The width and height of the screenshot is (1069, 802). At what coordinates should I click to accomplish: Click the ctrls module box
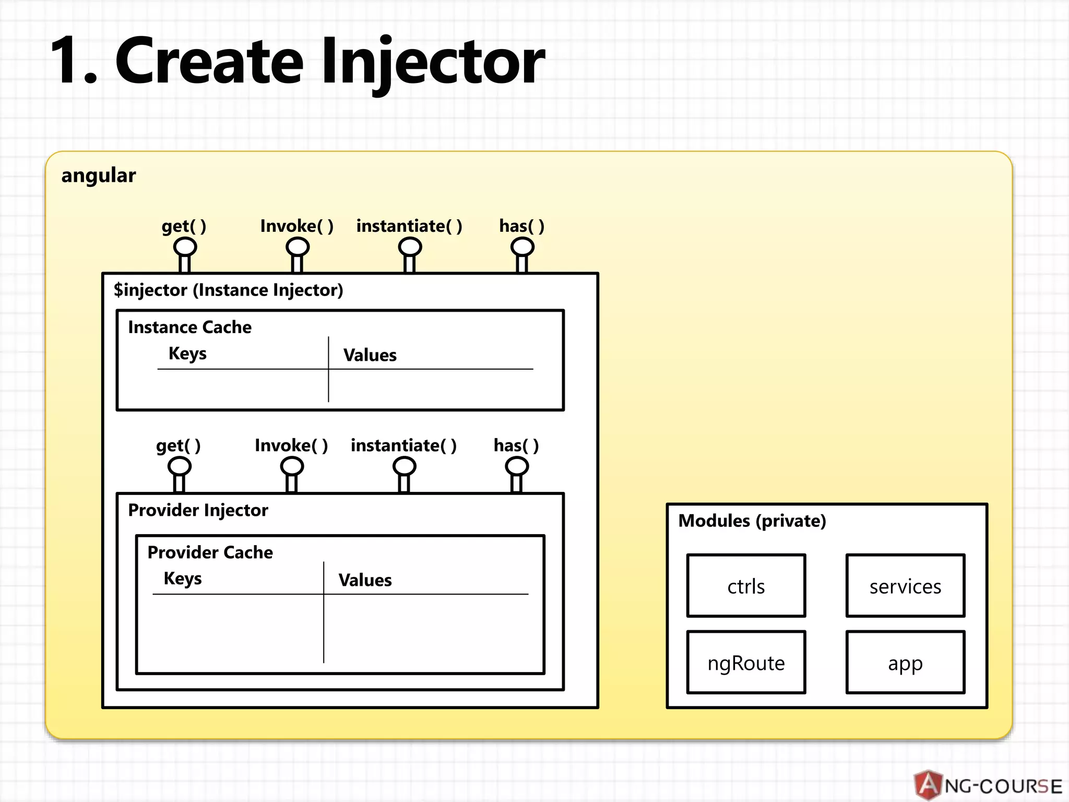tap(746, 586)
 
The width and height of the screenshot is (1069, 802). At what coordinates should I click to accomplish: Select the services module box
tap(905, 586)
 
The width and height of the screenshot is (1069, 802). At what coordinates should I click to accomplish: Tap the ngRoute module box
tap(746, 663)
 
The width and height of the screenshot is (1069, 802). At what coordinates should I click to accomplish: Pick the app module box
tap(905, 663)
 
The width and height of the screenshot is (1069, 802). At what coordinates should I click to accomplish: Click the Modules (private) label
tap(752, 521)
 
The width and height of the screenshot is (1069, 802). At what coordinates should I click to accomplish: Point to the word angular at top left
tap(98, 175)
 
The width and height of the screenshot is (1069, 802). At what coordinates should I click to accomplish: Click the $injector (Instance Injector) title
tap(228, 290)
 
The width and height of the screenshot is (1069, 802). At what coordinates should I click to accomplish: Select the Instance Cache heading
tap(189, 327)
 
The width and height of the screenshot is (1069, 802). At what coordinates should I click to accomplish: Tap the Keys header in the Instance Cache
tap(187, 353)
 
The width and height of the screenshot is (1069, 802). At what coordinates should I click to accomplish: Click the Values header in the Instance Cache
tap(370, 355)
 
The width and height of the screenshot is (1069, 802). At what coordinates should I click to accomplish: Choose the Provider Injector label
tap(198, 510)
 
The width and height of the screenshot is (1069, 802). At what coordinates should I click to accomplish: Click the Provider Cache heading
tap(210, 552)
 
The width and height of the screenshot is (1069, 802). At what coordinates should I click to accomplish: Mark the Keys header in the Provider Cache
tap(182, 579)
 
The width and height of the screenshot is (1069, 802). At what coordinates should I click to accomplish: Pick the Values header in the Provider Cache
tap(365, 580)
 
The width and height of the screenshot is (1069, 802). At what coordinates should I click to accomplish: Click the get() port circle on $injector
tap(185, 246)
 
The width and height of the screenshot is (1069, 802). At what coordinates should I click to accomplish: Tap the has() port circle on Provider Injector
tap(517, 466)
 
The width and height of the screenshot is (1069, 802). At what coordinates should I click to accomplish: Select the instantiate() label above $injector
tap(409, 226)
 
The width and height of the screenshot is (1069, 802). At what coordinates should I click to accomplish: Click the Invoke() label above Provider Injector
tap(291, 445)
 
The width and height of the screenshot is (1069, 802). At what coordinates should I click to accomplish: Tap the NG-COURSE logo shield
tap(928, 785)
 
